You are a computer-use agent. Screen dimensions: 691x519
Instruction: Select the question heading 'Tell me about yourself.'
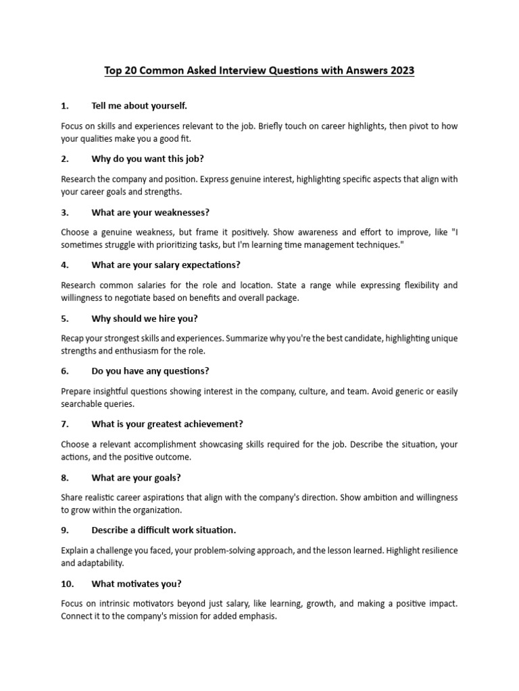pyautogui.click(x=139, y=106)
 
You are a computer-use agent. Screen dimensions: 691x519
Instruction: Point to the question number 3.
pyautogui.click(x=65, y=212)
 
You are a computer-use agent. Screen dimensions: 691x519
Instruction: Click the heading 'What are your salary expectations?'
pyautogui.click(x=166, y=265)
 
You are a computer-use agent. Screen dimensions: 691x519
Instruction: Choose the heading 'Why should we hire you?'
pyautogui.click(x=145, y=319)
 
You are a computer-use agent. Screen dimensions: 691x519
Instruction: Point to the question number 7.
pyautogui.click(x=65, y=424)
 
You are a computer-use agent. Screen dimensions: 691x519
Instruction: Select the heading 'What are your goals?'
pyautogui.click(x=136, y=478)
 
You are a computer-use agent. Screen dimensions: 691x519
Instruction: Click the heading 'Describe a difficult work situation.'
pyautogui.click(x=164, y=530)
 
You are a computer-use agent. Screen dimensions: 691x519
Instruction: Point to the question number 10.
pyautogui.click(x=68, y=584)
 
